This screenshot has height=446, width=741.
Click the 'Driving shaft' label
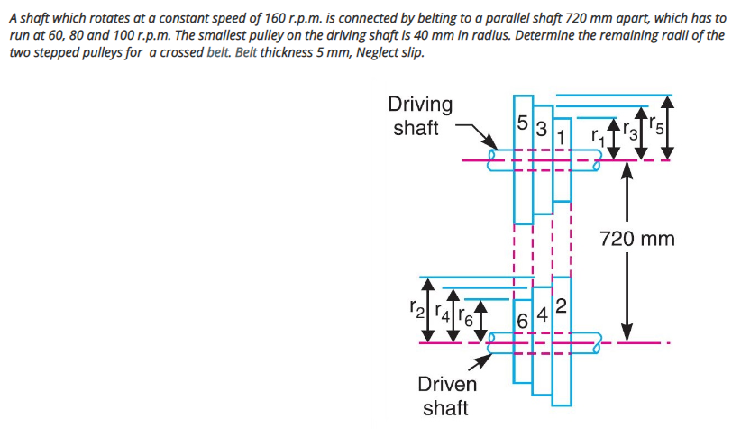[420, 115]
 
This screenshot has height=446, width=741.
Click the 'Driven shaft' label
[446, 396]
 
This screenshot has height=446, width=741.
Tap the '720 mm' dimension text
[636, 239]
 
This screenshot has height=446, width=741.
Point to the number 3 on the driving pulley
[541, 128]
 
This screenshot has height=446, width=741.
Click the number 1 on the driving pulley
[561, 137]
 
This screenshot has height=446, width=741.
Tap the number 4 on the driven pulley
[541, 314]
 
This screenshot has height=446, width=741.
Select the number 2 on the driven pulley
[561, 306]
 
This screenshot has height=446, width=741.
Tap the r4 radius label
[441, 314]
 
